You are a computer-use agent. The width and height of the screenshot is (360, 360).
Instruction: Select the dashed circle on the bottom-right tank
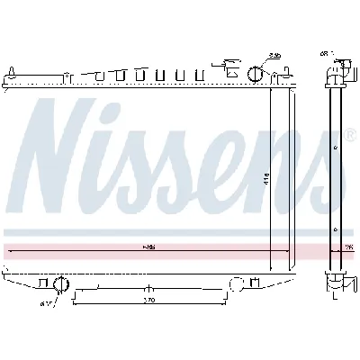point(238,284)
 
